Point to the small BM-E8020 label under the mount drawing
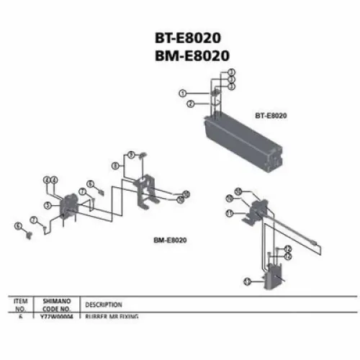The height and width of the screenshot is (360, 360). (170, 240)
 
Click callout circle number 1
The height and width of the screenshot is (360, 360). (183, 94)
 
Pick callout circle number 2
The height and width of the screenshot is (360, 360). (188, 104)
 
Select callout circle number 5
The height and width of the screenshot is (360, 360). (47, 205)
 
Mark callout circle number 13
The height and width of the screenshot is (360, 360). (247, 281)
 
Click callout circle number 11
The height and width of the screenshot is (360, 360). (228, 213)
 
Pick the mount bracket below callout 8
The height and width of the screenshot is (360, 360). (148, 190)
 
